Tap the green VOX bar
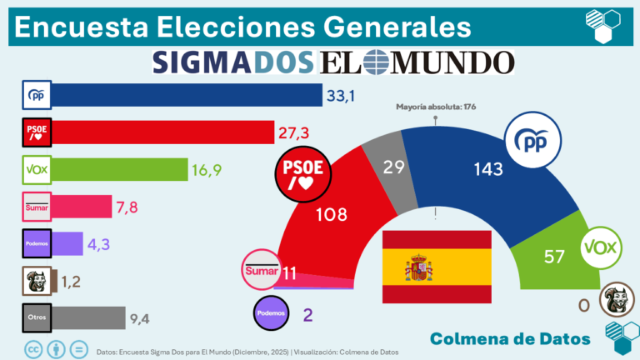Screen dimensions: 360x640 [120, 169]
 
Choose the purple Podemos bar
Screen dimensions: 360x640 [68, 243]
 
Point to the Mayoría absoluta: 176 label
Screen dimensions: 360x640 [435, 106]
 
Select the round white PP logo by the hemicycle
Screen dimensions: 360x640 [534, 142]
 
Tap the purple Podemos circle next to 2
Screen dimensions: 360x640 [276, 313]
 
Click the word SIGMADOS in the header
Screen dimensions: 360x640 [234, 62]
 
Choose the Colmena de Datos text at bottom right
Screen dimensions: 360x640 [511, 337]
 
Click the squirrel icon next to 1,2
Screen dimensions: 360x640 [37, 280]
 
